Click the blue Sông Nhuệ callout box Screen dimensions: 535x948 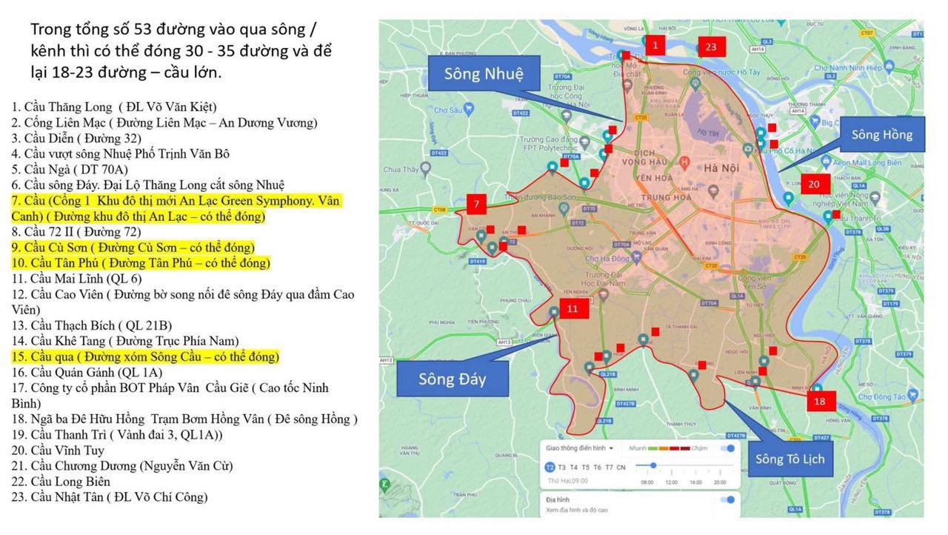pos(484,74)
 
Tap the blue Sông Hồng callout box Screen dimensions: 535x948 pos(881,135)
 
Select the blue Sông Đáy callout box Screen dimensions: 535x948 pos(452,379)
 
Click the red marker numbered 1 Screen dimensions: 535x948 pos(655,45)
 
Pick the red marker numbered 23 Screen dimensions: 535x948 pos(710,47)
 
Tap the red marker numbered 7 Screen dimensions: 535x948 pos(477,204)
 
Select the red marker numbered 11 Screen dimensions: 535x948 pos(573,309)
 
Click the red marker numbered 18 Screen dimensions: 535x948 pos(819,401)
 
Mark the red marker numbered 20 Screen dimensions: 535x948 pos(813,184)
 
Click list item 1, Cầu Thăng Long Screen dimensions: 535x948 pos(114,107)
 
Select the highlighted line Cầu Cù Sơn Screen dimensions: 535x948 pos(133,247)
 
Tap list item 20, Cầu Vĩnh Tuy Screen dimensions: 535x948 pos(58,451)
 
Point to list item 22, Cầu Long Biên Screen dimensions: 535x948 pos(61,482)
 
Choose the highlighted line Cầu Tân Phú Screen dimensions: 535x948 pos(141,263)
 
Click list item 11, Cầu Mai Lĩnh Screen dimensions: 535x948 pos(76,279)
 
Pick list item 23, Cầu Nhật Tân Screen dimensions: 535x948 pos(110,497)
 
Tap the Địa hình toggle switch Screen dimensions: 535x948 pos(730,499)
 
